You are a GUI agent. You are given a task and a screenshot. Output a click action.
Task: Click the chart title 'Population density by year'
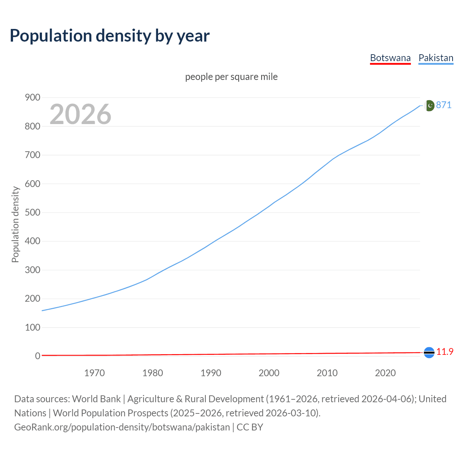110,36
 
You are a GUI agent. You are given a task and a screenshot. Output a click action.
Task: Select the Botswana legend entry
390,58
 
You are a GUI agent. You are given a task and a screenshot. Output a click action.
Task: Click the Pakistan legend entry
436,58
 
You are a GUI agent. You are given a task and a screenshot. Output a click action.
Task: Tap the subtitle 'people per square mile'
231,77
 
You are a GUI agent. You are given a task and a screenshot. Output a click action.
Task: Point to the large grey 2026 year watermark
80,114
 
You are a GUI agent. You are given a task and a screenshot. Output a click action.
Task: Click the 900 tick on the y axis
33,98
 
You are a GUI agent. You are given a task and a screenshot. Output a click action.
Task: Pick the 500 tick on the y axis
33,212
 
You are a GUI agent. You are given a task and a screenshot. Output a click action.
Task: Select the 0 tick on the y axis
38,356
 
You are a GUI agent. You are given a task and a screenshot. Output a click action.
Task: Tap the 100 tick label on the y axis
33,327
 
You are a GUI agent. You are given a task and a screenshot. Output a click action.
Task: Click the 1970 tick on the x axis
94,373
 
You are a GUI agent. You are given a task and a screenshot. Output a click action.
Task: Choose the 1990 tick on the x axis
211,373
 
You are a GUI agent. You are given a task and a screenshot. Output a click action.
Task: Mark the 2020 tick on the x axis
385,373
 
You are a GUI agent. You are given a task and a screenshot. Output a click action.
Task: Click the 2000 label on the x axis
269,373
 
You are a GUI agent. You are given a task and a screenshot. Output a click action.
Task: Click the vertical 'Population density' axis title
15,224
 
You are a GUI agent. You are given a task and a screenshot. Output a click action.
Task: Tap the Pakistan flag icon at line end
429,105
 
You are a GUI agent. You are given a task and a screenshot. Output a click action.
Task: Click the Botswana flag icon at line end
429,352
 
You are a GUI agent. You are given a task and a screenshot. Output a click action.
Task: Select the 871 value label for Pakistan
444,105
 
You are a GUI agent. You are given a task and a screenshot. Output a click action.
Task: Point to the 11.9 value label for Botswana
445,352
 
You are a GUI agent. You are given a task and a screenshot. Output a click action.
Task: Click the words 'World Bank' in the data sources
96,399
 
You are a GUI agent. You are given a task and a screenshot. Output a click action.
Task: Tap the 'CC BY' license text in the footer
250,427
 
